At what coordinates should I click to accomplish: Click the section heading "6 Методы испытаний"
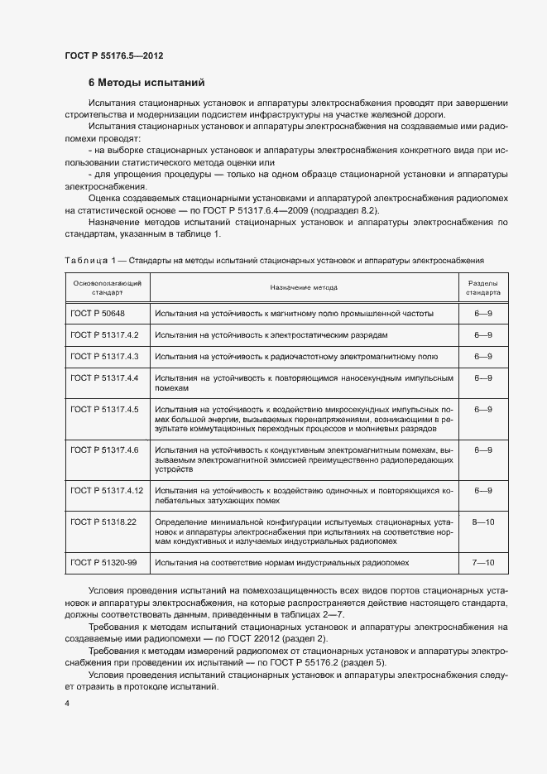coord(146,83)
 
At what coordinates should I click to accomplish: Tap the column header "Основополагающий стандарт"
coord(106,287)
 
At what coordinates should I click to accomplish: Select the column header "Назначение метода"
coord(303,287)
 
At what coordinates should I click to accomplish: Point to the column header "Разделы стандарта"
coord(482,287)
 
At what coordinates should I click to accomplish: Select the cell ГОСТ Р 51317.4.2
coord(104,334)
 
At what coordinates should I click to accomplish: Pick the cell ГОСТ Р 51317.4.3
coord(104,356)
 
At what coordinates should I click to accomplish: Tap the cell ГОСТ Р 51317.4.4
coord(104,377)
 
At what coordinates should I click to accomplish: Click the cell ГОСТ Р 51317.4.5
coord(104,409)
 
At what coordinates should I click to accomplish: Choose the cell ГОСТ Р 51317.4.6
coord(104,449)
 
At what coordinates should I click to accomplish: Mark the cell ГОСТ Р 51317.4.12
coord(107,490)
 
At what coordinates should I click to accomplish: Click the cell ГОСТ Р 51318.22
coord(103,522)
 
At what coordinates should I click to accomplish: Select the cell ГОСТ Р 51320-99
coord(103,563)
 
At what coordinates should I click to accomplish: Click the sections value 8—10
coord(482,522)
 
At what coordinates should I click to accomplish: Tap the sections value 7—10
coord(482,563)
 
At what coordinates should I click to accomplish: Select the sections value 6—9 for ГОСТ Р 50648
coord(482,314)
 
